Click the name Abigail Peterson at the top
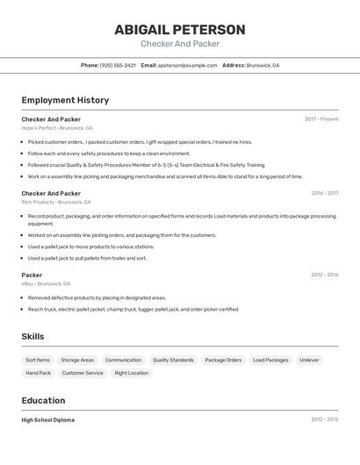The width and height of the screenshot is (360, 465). click(x=180, y=30)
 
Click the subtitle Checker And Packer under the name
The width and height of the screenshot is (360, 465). click(x=180, y=44)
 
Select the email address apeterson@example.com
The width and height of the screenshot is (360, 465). click(x=188, y=66)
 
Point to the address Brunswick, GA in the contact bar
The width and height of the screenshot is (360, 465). click(x=263, y=66)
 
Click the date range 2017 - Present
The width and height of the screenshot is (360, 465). click(x=321, y=119)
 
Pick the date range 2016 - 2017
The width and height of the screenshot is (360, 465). click(x=324, y=193)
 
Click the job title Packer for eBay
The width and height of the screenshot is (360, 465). click(x=32, y=275)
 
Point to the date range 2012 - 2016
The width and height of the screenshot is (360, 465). click(x=324, y=275)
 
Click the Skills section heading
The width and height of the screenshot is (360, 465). click(x=33, y=337)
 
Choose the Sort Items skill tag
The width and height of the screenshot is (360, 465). click(x=38, y=360)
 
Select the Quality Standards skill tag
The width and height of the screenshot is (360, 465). click(x=173, y=360)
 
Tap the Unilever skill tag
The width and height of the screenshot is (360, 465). click(x=309, y=360)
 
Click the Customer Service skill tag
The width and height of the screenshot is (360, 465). click(x=83, y=373)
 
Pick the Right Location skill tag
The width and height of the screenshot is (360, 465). click(x=132, y=373)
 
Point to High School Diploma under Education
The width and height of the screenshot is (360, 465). click(x=48, y=419)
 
